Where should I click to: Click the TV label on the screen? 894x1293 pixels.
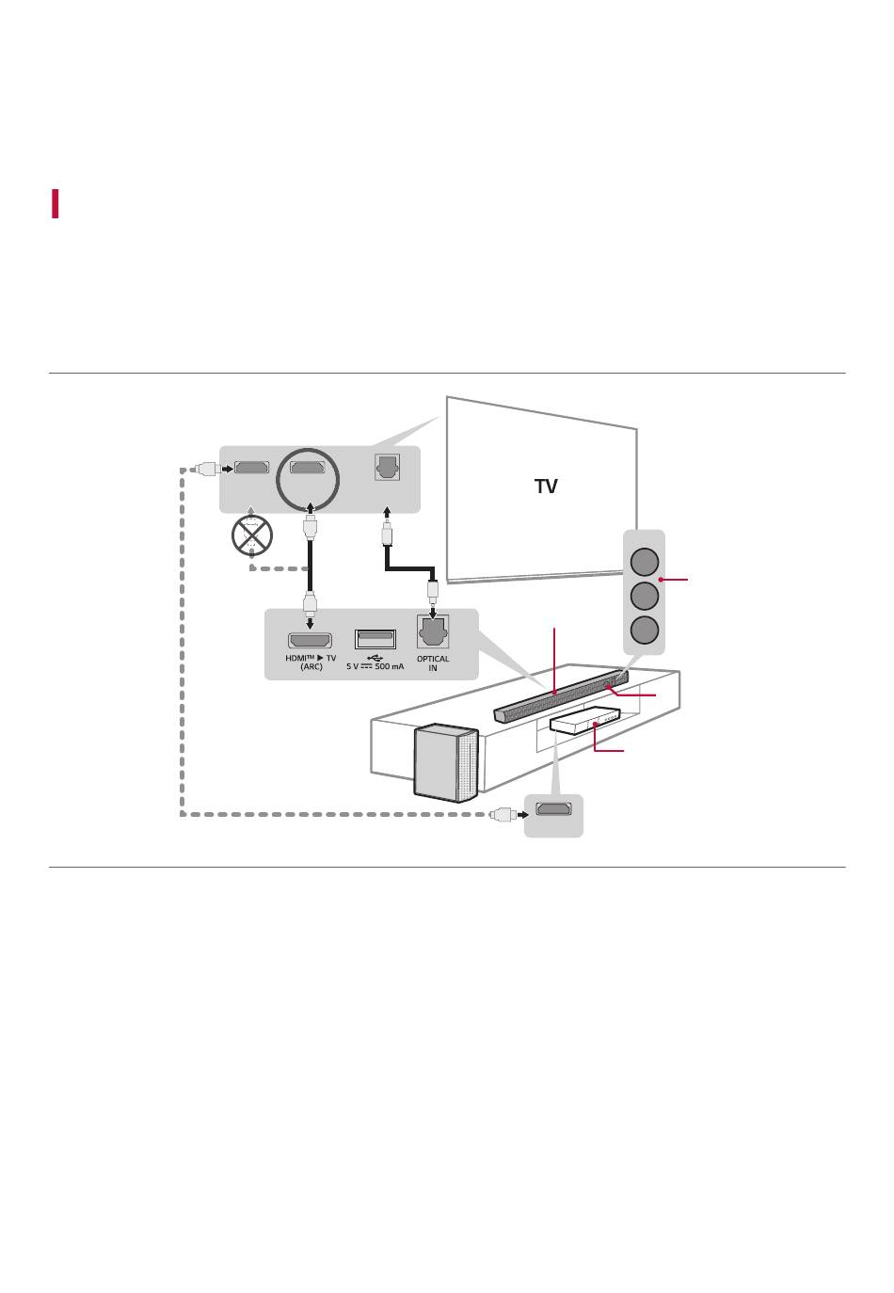click(546, 486)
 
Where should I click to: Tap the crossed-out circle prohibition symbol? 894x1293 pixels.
click(251, 535)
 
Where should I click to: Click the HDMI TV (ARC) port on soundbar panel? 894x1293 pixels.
click(310, 640)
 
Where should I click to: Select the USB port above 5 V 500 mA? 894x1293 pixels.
click(375, 640)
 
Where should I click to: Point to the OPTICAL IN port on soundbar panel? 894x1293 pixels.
click(432, 631)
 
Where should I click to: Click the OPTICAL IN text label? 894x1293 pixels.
click(432, 663)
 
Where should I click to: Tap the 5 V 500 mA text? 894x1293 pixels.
click(375, 666)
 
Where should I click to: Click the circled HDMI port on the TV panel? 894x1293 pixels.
click(307, 467)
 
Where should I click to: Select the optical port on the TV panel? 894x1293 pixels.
click(387, 467)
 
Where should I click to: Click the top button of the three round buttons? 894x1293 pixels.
click(644, 562)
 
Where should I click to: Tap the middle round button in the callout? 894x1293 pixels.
click(644, 596)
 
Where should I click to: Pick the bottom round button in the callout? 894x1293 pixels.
click(644, 630)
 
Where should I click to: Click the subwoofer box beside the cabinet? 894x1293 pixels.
click(446, 762)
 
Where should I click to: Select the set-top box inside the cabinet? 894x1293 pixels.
click(584, 721)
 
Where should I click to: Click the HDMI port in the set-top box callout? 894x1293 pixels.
click(553, 808)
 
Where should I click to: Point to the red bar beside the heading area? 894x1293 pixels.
click(55, 203)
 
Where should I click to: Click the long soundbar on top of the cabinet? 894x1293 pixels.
click(561, 696)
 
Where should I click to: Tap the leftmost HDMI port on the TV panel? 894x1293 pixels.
click(251, 467)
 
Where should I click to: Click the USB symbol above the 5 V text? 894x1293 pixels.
click(375, 658)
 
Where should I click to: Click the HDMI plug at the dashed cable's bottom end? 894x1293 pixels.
click(503, 814)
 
